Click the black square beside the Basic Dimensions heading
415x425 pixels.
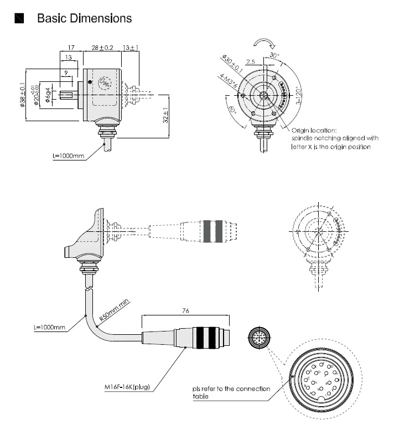pyautogui.click(x=20, y=18)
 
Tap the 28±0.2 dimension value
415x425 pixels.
pyautogui.click(x=102, y=48)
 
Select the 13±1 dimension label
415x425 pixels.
pyautogui.click(x=131, y=48)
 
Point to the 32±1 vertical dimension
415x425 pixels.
pyautogui.click(x=167, y=115)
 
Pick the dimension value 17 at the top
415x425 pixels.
pyautogui.click(x=71, y=48)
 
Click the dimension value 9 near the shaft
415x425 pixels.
pyautogui.click(x=66, y=73)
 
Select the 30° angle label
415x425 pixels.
pyautogui.click(x=275, y=56)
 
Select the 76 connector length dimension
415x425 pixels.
pyautogui.click(x=185, y=310)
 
